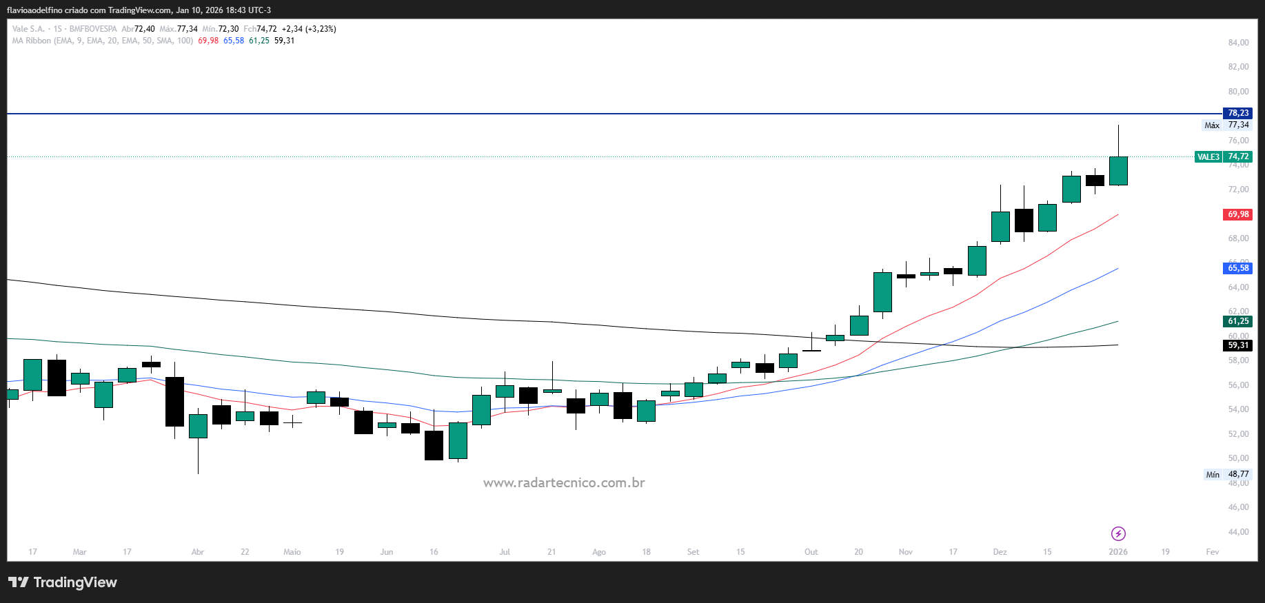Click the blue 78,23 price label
click(1237, 113)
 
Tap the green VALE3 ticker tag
click(1208, 157)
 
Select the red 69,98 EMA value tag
click(1237, 214)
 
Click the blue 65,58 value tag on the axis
click(1237, 268)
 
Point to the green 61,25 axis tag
click(1237, 321)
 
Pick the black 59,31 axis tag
click(1237, 345)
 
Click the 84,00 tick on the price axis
click(1238, 43)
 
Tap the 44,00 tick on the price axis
click(1238, 532)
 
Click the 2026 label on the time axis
click(1117, 552)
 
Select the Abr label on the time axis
click(198, 552)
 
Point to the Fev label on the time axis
click(1212, 552)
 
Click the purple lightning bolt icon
click(1118, 534)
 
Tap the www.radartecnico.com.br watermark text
click(564, 483)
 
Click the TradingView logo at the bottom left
click(63, 582)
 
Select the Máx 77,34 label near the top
click(1226, 125)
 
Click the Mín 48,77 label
click(1226, 475)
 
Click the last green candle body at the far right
click(1118, 171)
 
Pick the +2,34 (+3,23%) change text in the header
click(309, 29)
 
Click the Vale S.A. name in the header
click(28, 29)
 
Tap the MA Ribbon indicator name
click(32, 41)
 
